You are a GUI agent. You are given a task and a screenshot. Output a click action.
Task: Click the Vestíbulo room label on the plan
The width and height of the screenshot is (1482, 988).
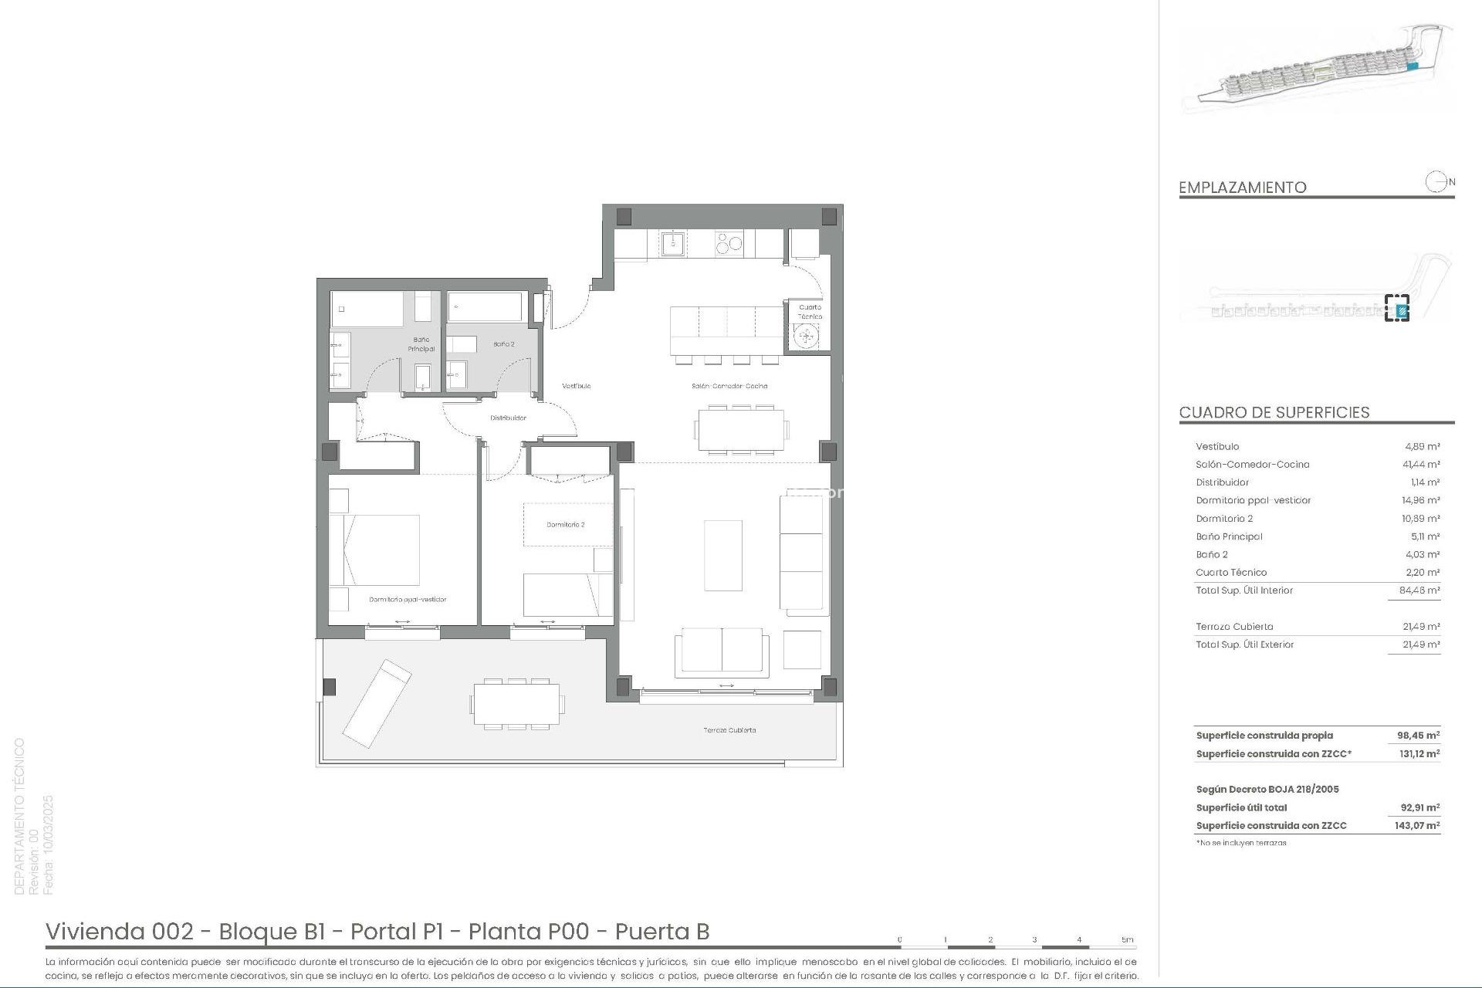click(x=576, y=386)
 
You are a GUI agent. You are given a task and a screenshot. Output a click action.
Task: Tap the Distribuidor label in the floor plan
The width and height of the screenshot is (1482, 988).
click(x=508, y=418)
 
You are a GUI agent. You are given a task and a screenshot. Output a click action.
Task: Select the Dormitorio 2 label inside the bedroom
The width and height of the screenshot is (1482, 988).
click(x=565, y=525)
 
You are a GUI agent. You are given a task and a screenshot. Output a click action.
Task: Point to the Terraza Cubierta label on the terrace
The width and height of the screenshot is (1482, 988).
click(x=729, y=730)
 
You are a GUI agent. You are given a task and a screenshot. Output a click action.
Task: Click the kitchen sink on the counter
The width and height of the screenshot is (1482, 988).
click(x=672, y=244)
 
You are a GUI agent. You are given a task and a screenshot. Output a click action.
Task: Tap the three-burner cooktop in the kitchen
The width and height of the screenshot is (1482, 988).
click(x=729, y=243)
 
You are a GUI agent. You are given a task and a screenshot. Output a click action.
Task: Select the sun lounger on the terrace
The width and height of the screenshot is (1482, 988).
click(x=377, y=702)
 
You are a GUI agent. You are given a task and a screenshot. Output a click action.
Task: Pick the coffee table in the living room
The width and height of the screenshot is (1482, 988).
click(x=723, y=555)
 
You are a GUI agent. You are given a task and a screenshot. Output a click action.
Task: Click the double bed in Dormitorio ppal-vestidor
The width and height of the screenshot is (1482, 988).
click(x=375, y=550)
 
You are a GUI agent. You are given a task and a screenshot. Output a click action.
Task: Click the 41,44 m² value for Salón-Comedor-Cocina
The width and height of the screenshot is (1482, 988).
click(x=1421, y=465)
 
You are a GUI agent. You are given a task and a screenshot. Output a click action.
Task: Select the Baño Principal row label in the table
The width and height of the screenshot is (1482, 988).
click(x=1229, y=536)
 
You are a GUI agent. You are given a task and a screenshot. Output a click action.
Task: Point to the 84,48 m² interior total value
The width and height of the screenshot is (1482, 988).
click(x=1420, y=590)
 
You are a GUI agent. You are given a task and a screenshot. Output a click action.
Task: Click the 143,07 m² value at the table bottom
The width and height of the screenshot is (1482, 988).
click(x=1419, y=826)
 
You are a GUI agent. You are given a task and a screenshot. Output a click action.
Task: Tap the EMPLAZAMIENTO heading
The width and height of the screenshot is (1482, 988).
click(x=1242, y=188)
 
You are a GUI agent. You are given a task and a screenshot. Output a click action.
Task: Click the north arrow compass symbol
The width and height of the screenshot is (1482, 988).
click(x=1436, y=182)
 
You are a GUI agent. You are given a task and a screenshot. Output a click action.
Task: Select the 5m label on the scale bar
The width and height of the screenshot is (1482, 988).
click(x=1127, y=940)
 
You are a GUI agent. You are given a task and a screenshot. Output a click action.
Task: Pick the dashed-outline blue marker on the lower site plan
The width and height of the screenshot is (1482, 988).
click(x=1396, y=308)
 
